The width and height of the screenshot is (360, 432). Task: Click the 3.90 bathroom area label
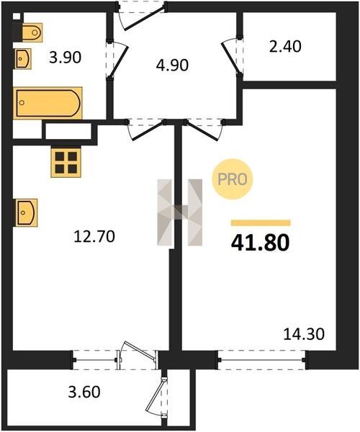[x=65, y=58]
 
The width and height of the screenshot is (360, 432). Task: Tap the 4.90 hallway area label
[x=172, y=66]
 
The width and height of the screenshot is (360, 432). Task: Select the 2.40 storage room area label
[x=285, y=46]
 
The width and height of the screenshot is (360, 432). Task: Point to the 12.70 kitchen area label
[x=94, y=237]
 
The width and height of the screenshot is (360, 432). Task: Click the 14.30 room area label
[x=304, y=335]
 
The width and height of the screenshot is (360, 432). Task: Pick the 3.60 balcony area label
[x=84, y=392]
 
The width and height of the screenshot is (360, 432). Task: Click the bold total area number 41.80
[x=261, y=243]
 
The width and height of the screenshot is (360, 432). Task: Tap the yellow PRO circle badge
[x=233, y=179]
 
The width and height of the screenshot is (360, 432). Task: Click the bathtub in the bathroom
[x=48, y=103]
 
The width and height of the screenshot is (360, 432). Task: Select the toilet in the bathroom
[x=32, y=32]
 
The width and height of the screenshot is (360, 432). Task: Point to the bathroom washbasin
[x=23, y=59]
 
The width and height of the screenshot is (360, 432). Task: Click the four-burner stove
[x=66, y=163]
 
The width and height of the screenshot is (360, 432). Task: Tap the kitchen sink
[x=26, y=212]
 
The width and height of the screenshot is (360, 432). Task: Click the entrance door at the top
[x=143, y=17]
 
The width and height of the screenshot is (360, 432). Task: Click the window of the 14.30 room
[x=261, y=359]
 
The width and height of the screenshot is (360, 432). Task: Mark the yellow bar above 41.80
[x=261, y=223]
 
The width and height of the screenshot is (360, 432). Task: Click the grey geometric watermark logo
[x=179, y=212]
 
